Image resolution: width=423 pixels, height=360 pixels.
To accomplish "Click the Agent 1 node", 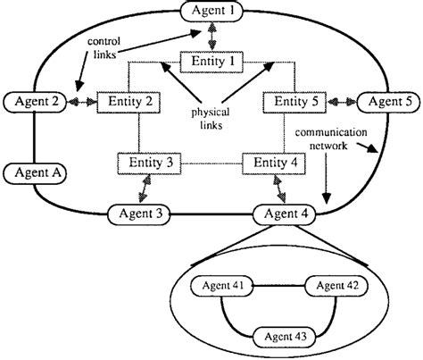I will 211,12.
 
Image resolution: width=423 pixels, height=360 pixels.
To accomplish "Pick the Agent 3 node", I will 140,213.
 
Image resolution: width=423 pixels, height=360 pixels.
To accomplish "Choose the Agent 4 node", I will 286,213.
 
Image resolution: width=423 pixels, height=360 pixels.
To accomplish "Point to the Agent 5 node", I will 387,102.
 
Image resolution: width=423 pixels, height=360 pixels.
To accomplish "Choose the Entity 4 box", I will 272,164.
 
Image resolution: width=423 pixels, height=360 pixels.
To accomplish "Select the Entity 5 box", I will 291,102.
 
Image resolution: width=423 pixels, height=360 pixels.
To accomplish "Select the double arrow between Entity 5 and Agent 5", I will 339,102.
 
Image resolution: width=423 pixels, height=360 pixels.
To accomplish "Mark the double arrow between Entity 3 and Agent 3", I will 142,189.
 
